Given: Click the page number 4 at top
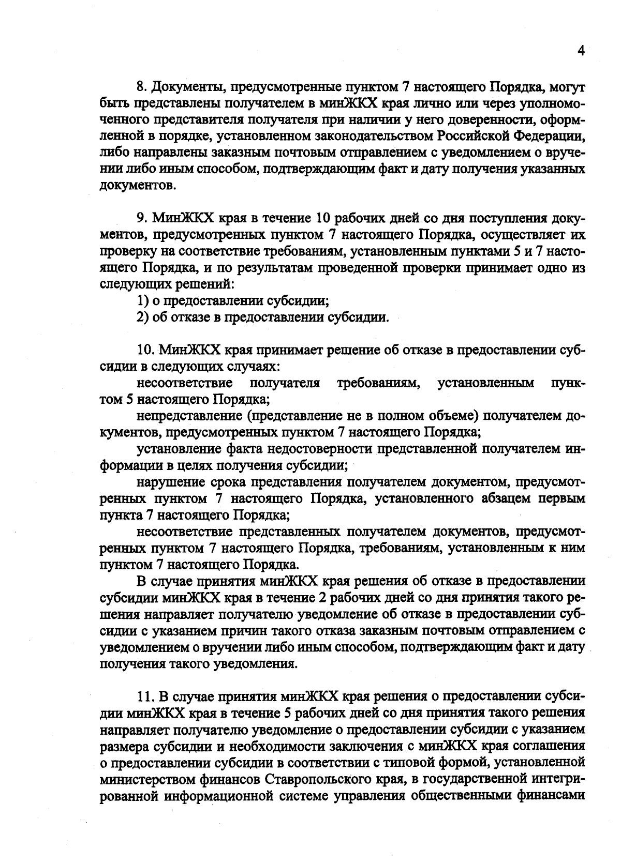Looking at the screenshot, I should coord(581,51).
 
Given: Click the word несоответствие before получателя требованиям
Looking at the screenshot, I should coord(184,383).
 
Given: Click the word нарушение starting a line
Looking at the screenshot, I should coord(170,482).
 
